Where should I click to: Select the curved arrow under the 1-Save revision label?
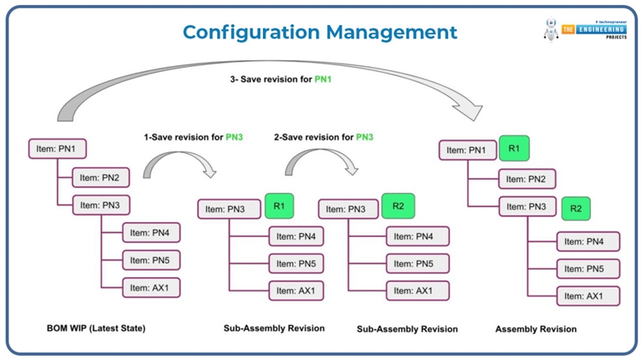point(179,163)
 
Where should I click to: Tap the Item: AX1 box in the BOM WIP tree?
point(151,287)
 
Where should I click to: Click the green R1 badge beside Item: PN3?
point(279,205)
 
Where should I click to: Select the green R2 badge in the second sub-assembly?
point(397,205)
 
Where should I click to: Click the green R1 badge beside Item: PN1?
point(513,149)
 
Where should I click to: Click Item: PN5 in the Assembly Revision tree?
point(588,269)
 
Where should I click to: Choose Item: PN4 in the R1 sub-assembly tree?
point(295,236)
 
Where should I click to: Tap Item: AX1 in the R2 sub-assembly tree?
point(417,291)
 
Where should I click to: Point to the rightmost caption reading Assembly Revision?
point(536,329)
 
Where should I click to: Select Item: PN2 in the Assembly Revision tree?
point(527,179)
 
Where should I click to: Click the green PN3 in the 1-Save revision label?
point(235,137)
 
